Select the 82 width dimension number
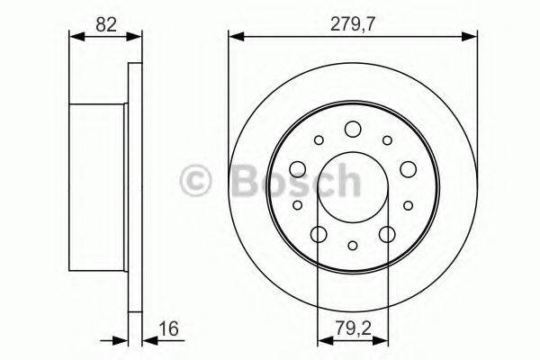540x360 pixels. pos(105,24)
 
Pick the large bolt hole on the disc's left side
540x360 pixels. pos(297,168)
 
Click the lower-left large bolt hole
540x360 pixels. pos(319,234)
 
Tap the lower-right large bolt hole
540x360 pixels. pos(387,234)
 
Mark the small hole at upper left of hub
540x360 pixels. pos(319,139)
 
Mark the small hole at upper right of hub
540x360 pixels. pos(387,139)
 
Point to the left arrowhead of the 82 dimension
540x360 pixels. pos(75,37)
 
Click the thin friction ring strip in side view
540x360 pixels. pos(136,180)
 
